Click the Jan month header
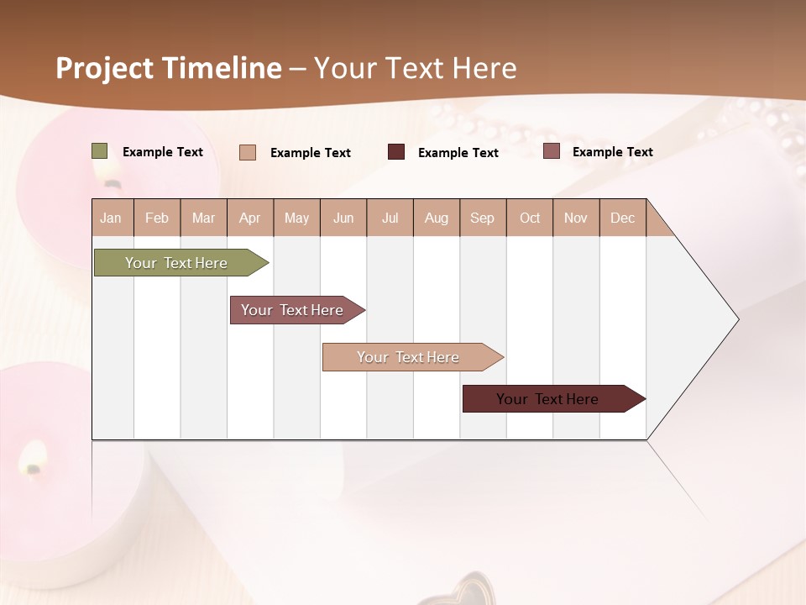[111, 218]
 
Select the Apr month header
[249, 218]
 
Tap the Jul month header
[390, 218]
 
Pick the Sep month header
[482, 218]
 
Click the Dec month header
[622, 218]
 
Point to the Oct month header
[530, 218]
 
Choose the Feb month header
[157, 218]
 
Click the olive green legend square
[100, 151]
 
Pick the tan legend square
[248, 152]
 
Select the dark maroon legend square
[396, 152]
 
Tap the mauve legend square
[551, 151]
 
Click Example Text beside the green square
[163, 152]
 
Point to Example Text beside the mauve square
[612, 152]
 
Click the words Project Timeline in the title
[169, 68]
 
